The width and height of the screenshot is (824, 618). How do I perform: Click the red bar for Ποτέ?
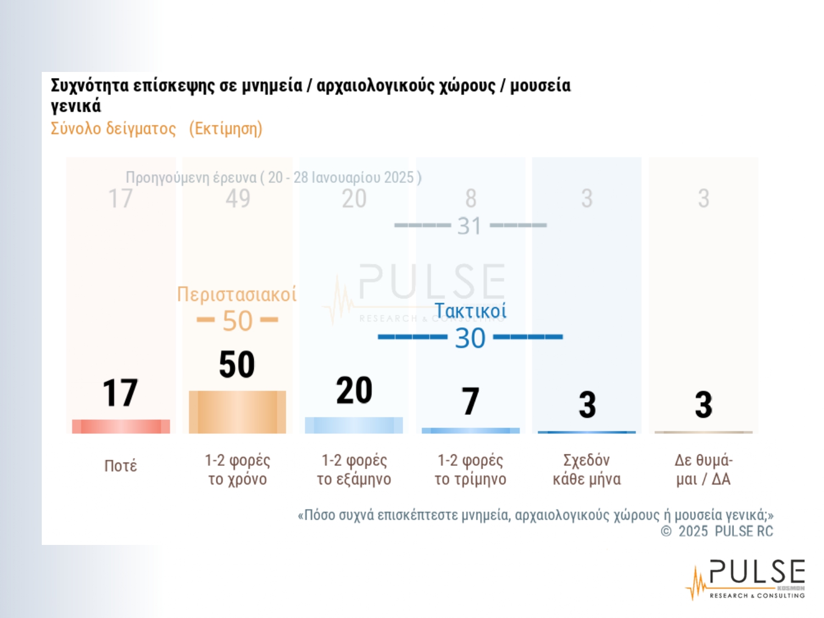tap(121, 426)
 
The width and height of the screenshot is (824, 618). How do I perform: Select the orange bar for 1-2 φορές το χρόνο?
tap(237, 412)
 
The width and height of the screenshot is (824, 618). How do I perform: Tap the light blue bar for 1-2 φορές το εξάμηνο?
tap(354, 425)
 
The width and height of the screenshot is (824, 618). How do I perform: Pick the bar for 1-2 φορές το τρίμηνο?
tap(470, 431)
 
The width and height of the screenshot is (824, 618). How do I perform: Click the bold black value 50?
tap(237, 364)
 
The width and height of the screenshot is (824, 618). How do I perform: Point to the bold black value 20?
tap(354, 391)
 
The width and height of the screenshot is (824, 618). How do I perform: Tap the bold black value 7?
tap(470, 401)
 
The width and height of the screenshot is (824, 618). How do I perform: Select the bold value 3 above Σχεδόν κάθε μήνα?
tap(587, 405)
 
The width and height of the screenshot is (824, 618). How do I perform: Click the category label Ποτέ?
tap(121, 466)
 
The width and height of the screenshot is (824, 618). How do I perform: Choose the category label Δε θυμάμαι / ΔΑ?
tap(704, 470)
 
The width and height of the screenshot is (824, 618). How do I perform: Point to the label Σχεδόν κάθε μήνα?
tap(587, 470)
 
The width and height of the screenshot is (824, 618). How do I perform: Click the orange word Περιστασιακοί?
tap(237, 294)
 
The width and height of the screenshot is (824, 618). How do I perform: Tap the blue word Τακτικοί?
tap(470, 311)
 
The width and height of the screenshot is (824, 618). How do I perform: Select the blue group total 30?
tap(470, 338)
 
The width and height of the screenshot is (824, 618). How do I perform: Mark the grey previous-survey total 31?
tap(469, 226)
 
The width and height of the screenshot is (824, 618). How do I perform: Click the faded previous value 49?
tap(238, 199)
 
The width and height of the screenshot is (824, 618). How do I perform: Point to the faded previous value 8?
tap(471, 199)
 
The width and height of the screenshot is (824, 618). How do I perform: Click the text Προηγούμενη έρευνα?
tap(191, 177)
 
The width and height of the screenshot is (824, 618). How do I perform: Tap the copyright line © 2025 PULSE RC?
tap(717, 531)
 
